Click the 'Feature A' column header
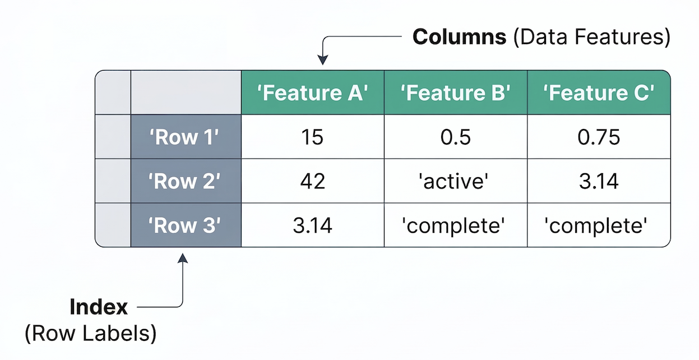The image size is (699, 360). click(313, 93)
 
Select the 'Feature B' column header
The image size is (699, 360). click(455, 93)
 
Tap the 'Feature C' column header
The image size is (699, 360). click(599, 93)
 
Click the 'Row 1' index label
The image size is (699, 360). click(186, 137)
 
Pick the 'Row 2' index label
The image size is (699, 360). click(186, 181)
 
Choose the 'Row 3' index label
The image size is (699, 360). click(186, 225)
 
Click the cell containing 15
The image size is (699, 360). click(313, 137)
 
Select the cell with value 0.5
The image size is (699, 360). click(455, 137)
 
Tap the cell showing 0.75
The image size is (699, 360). click(599, 137)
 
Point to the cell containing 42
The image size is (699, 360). click(313, 181)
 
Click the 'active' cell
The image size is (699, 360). click(455, 181)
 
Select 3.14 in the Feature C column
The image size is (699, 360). click(599, 181)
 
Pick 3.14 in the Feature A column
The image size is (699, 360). click(313, 225)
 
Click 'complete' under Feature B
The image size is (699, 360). click(455, 225)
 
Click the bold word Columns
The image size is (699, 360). click(459, 37)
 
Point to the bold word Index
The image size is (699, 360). click(99, 307)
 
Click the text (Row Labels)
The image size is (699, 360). click(90, 333)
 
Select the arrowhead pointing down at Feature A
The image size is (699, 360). click(322, 61)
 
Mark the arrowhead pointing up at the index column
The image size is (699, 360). click(183, 258)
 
